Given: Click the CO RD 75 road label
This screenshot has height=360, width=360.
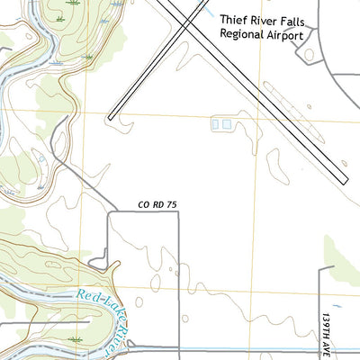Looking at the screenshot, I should coord(158,206).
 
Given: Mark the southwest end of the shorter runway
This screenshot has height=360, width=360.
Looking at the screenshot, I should coord(110,117).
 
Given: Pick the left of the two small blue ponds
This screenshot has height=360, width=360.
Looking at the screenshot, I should coord(216,124).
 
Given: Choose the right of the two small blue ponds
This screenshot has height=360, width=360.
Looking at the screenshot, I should coord(227,124).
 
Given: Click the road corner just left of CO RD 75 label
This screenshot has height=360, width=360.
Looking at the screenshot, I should coord(110,213).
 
